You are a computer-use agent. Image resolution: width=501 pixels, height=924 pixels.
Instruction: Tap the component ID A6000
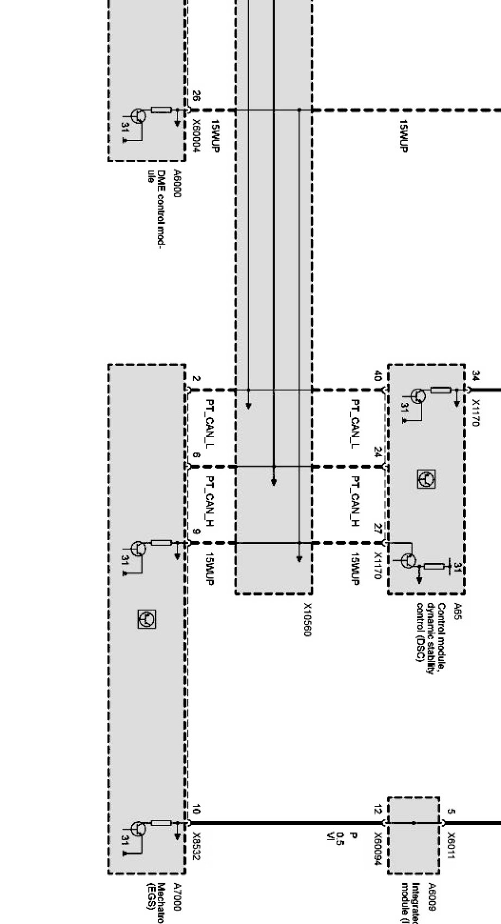[177, 183]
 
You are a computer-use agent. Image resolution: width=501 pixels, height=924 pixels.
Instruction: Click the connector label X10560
[307, 619]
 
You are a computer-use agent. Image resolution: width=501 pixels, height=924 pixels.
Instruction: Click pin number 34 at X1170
[475, 376]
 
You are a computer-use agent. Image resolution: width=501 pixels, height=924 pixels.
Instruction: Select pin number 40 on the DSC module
[378, 376]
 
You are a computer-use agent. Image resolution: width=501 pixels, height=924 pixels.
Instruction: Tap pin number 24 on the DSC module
[378, 452]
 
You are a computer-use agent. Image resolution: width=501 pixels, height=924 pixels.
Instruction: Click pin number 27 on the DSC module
[378, 529]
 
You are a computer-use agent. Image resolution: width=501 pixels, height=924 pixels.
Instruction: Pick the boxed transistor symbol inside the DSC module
[426, 479]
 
